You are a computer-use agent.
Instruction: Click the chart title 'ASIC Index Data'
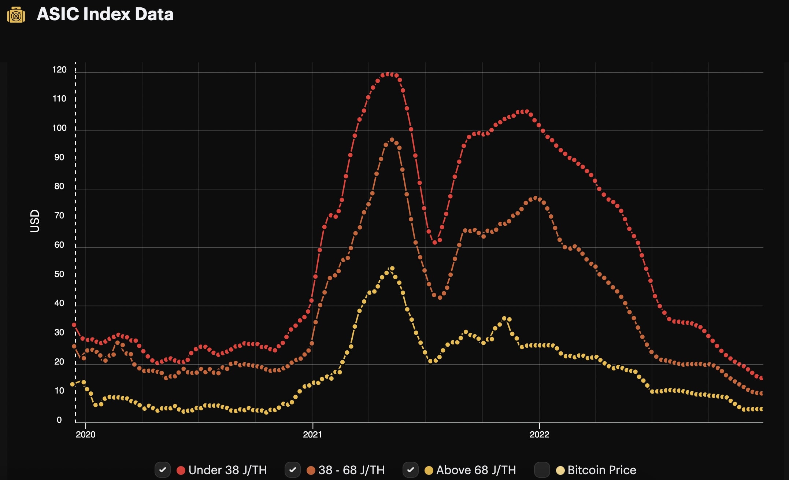(x=105, y=14)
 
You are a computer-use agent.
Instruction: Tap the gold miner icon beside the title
(x=16, y=15)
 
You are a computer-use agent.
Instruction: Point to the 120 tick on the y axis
(x=59, y=70)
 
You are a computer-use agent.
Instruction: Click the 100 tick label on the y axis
(x=59, y=128)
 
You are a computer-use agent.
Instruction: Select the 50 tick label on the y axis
(x=59, y=274)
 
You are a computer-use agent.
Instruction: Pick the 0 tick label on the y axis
(x=59, y=420)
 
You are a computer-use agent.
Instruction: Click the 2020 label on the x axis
(x=85, y=435)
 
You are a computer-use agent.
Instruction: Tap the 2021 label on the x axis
(x=312, y=435)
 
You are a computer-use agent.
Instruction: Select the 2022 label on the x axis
(x=539, y=435)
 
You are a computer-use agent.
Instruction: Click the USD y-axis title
(x=34, y=221)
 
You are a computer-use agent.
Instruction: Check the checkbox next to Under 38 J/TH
(x=163, y=470)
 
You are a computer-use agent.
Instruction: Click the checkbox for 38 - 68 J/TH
(x=293, y=470)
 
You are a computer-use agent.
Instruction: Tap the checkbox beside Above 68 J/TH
(x=411, y=470)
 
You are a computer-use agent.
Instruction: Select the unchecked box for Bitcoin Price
(x=542, y=470)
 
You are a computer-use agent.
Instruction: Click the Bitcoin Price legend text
(x=601, y=470)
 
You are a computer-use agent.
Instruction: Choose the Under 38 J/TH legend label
(x=227, y=470)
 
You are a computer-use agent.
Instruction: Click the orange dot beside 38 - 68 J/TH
(x=311, y=470)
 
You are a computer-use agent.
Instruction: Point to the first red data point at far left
(x=74, y=325)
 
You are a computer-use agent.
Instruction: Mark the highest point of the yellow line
(x=392, y=269)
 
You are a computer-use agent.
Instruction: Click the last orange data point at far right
(x=761, y=393)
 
